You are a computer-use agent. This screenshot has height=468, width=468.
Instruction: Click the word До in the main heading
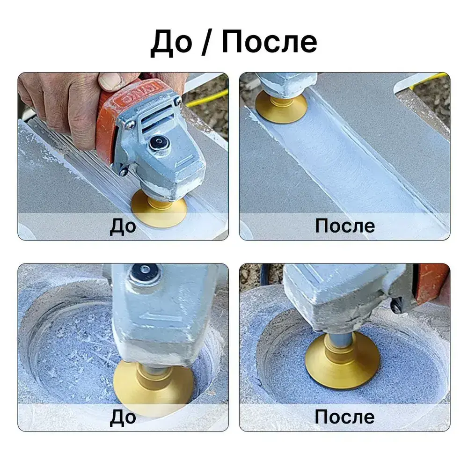point(171,43)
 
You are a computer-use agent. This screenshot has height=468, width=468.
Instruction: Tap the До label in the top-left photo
point(123,226)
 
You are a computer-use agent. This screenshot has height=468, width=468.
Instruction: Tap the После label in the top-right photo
point(345,226)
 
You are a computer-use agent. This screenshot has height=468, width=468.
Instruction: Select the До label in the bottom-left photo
point(123,417)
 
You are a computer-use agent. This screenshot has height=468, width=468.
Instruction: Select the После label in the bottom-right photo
point(345,417)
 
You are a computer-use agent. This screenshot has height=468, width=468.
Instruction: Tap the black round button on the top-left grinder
point(158,144)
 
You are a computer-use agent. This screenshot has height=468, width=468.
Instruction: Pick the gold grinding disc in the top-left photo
point(160,209)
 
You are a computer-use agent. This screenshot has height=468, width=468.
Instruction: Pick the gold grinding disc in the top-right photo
point(281,107)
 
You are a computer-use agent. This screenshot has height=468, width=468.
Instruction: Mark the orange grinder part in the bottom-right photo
point(433,284)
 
